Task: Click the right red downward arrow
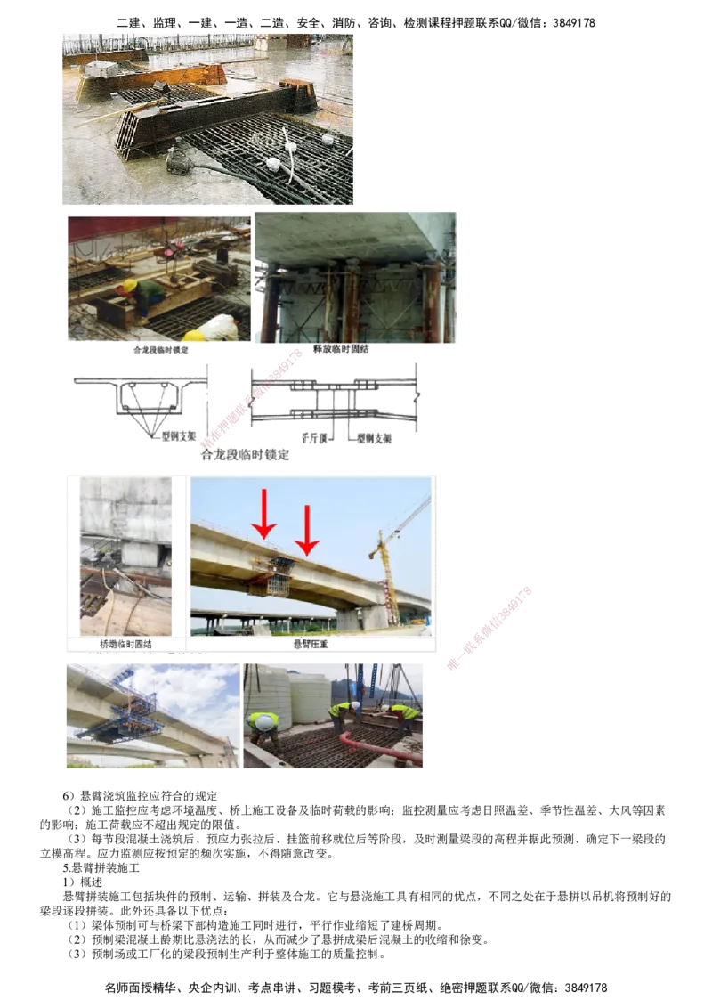coord(306,529)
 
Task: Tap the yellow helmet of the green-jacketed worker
coord(129,286)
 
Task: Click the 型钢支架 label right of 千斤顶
coord(376,438)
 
